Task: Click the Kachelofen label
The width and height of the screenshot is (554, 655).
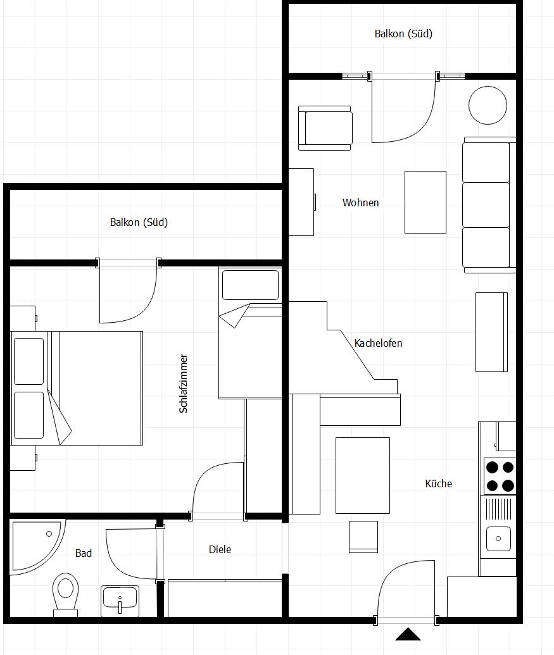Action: click(378, 343)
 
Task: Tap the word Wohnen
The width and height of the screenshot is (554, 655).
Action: click(360, 203)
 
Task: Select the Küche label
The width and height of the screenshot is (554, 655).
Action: click(439, 483)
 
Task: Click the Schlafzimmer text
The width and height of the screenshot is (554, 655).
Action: click(183, 384)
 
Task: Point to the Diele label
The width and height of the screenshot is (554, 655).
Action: click(220, 549)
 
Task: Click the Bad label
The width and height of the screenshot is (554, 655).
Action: click(83, 553)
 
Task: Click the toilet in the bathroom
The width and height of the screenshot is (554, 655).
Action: click(66, 594)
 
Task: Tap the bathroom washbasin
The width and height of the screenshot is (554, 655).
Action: click(120, 601)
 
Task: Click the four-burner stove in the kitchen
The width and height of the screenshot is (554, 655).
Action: click(500, 476)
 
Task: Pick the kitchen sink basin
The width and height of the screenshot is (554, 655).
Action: click(498, 539)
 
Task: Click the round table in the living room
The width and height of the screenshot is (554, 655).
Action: click(488, 105)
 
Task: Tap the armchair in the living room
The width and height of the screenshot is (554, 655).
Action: click(325, 128)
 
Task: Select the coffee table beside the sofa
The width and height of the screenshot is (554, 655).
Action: click(425, 202)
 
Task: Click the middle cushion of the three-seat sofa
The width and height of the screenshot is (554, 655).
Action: click(486, 204)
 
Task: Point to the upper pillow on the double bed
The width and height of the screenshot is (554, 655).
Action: click(29, 361)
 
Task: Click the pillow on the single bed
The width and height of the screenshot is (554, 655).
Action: click(250, 285)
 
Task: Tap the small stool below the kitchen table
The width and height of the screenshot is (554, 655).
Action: click(363, 537)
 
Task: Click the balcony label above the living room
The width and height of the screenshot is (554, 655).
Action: click(403, 34)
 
